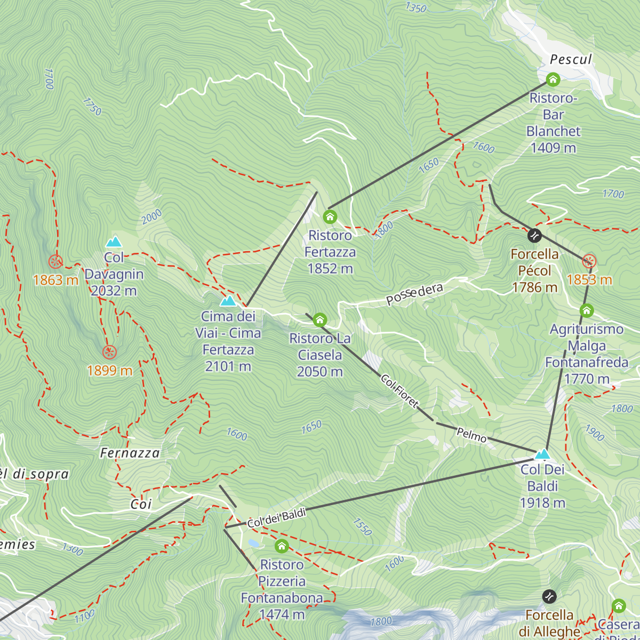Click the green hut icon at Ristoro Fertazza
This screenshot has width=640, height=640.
tap(330, 217)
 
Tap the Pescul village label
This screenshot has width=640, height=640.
tap(571, 59)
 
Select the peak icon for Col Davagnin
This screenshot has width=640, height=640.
tap(114, 242)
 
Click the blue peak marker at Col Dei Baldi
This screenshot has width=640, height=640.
tap(542, 454)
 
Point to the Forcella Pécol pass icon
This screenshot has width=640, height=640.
tap(534, 235)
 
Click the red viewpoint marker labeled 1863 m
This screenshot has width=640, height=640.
tap(55, 261)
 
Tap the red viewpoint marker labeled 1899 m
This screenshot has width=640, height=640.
tap(109, 352)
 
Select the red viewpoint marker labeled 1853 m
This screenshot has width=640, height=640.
tap(589, 261)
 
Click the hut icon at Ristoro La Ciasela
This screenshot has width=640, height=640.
tap(319, 319)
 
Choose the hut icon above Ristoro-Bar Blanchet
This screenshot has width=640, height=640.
tap(553, 80)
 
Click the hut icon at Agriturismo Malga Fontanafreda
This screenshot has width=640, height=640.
tap(587, 310)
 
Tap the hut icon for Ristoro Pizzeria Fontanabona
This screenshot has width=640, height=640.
tap(282, 546)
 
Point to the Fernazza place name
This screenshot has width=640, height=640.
tap(130, 453)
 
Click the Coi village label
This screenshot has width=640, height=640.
tap(141, 504)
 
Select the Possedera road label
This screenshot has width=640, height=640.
tap(414, 294)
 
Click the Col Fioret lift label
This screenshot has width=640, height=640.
tap(399, 391)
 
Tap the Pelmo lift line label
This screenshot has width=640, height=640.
tap(471, 435)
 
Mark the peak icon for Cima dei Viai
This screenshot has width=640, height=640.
tap(228, 301)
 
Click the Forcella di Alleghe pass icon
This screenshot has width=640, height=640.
tap(549, 596)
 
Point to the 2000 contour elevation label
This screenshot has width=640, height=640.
tap(151, 217)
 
